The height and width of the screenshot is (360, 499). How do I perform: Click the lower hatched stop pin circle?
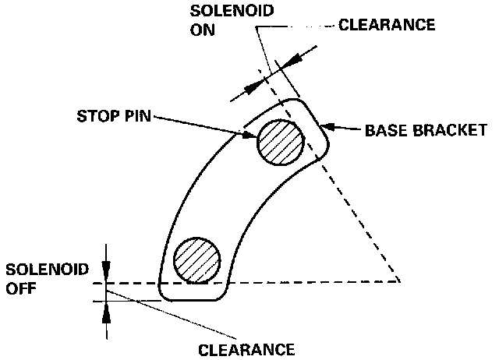tap(197, 259)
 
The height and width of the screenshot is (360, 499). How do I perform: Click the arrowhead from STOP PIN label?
tap(250, 136)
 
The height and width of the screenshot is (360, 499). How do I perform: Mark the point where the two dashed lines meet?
tap(399, 280)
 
